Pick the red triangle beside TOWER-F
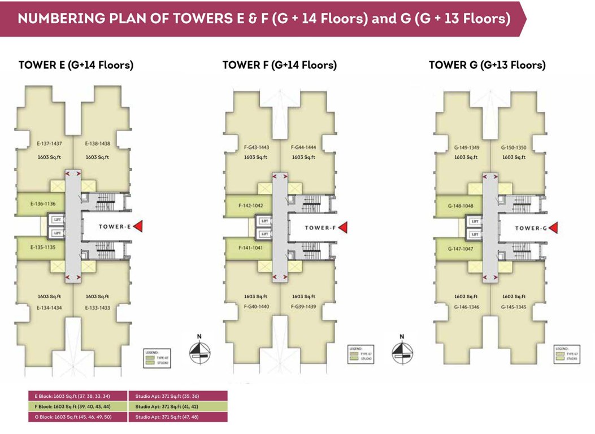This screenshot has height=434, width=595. (x=342, y=227)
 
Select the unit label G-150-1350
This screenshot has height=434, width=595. (x=513, y=147)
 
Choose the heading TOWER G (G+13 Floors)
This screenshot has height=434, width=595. (x=487, y=65)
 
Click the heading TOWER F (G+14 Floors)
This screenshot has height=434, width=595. (x=279, y=65)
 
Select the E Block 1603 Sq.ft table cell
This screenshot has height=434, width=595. (x=78, y=396)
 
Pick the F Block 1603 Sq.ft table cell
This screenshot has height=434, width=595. (x=78, y=406)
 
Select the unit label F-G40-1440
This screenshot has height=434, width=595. (x=256, y=307)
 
